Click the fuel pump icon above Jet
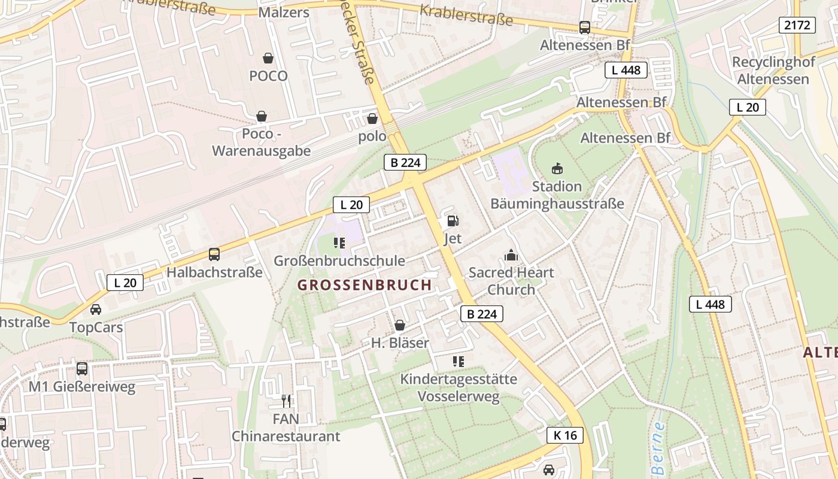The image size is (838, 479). [453, 221]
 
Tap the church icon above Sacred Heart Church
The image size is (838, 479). [511, 256]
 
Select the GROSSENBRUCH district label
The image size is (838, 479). [365, 285]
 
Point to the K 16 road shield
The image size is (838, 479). [565, 435]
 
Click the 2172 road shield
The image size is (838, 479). [797, 25]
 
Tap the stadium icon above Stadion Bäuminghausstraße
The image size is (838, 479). [557, 168]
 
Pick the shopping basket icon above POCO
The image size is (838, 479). [268, 58]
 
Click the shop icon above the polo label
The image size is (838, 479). [372, 119]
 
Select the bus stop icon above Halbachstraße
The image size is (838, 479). [214, 254]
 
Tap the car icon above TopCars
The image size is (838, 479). [96, 310]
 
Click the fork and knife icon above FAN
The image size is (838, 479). [286, 401]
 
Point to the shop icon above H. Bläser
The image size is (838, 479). [400, 325]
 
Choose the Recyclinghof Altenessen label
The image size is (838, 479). [773, 71]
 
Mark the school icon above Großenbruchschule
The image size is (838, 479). [339, 242]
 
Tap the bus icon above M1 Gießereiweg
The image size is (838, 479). [82, 369]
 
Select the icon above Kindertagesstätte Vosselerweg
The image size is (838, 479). [459, 361]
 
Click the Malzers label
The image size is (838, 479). [284, 13]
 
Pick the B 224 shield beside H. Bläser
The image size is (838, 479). [482, 314]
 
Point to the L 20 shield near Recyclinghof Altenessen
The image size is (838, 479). [747, 107]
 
